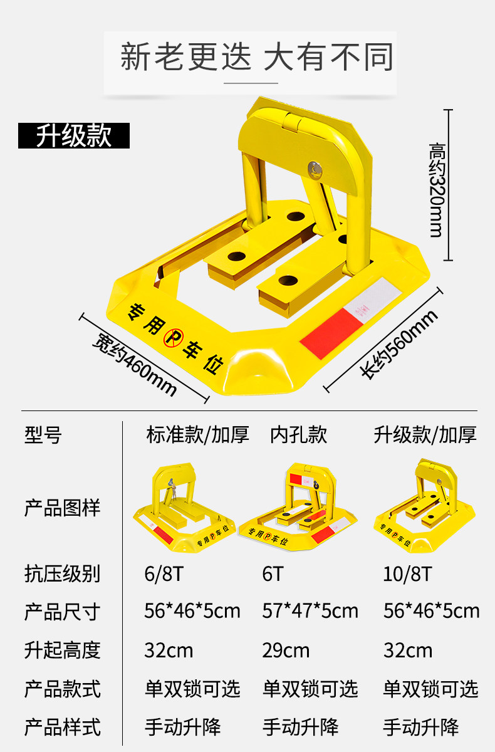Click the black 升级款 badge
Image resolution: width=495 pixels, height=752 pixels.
(x=73, y=135)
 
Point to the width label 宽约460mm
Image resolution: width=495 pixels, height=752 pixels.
(x=134, y=363)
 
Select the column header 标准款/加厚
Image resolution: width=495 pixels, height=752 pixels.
(x=197, y=434)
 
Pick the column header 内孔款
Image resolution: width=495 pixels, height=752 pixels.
(x=299, y=434)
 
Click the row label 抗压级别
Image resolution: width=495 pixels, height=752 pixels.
(x=62, y=573)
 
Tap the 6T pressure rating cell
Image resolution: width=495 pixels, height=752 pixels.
(x=273, y=573)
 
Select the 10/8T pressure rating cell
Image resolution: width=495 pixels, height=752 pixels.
(x=407, y=573)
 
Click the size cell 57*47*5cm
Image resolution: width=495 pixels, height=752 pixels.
(x=310, y=611)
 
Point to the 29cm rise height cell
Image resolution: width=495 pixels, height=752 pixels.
(x=286, y=650)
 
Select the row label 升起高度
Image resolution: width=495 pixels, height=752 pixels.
(x=62, y=650)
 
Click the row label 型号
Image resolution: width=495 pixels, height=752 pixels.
(x=43, y=434)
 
